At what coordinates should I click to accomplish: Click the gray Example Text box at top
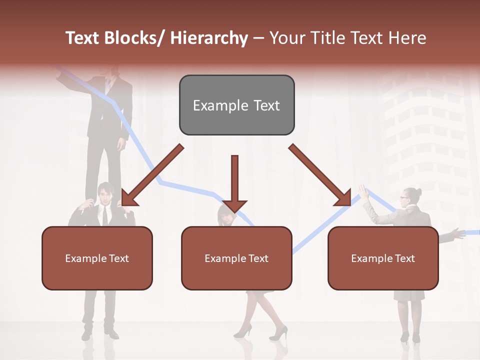236,105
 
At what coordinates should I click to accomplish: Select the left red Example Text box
97,258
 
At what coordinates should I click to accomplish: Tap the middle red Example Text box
236,258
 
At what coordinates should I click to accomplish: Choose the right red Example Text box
383,258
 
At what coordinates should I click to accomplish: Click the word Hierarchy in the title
209,38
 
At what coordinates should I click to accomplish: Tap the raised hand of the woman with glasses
362,191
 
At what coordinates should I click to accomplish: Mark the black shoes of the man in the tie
100,332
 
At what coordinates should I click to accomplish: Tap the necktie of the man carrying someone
105,215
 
